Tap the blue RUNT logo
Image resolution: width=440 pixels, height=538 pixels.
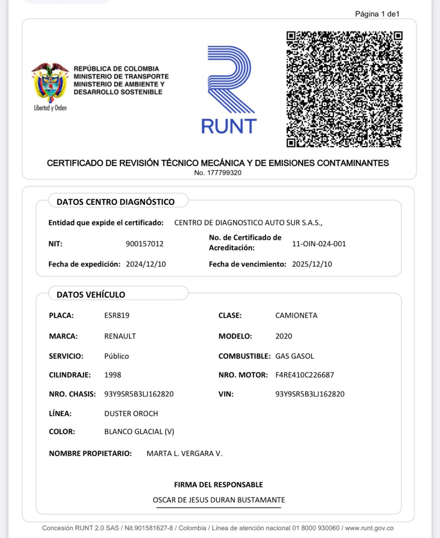[229, 90]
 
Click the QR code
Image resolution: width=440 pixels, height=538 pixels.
[344, 89]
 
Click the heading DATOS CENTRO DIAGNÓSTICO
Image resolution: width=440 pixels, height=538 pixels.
[116, 202]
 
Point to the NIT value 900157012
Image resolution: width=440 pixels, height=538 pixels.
[145, 244]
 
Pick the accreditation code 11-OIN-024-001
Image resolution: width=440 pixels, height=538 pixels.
[319, 244]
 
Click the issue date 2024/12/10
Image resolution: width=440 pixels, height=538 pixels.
[146, 264]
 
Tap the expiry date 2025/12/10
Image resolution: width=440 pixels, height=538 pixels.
[312, 264]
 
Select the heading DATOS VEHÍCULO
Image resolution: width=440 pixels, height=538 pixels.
[91, 295]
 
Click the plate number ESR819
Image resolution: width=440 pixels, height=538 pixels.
[117, 315]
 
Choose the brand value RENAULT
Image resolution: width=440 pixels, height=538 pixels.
[120, 336]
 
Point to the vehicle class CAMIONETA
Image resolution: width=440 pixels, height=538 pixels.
[296, 315]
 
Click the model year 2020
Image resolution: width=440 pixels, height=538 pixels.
[284, 336]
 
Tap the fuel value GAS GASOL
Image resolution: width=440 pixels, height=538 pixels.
[295, 356]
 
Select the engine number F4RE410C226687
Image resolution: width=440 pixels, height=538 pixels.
[305, 375]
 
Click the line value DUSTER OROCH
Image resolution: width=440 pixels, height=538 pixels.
[131, 414]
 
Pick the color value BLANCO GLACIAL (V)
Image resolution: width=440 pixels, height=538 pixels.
[139, 432]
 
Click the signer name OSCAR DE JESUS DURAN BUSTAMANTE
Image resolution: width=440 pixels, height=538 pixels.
[219, 500]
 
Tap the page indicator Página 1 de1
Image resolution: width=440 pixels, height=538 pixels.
[377, 14]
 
